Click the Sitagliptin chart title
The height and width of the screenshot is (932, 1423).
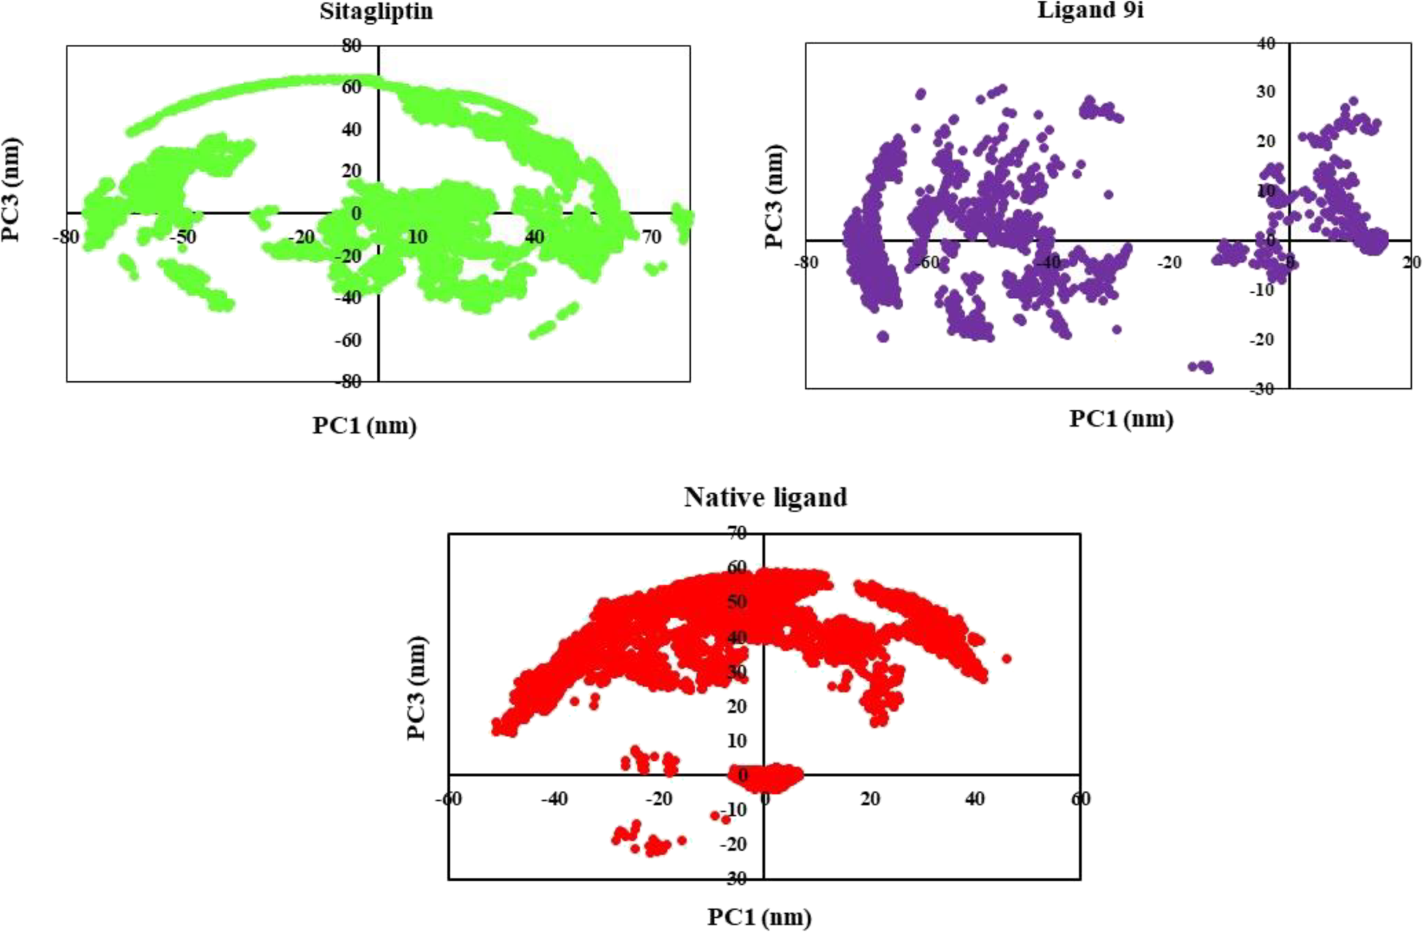click(x=376, y=12)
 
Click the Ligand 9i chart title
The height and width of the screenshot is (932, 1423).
click(x=1090, y=11)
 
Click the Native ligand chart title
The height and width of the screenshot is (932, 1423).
click(x=765, y=497)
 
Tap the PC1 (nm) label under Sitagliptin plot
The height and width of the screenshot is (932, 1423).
click(x=364, y=425)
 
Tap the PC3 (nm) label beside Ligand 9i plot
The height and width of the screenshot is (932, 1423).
click(x=774, y=196)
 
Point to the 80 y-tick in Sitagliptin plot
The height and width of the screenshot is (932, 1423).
click(x=352, y=46)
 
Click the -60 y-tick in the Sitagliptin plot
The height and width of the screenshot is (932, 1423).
click(x=348, y=341)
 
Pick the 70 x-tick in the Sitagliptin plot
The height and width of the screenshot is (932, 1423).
click(x=652, y=238)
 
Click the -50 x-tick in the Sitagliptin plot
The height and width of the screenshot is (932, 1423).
click(x=184, y=238)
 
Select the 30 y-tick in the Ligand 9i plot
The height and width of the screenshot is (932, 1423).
click(x=1265, y=92)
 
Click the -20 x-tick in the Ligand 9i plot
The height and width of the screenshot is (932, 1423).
click(x=1169, y=263)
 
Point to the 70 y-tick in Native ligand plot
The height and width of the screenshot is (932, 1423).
click(x=737, y=533)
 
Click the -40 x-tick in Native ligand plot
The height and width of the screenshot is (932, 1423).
click(x=554, y=799)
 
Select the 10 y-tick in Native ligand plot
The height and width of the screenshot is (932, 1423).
click(x=737, y=741)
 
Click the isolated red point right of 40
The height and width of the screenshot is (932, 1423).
click(x=1006, y=659)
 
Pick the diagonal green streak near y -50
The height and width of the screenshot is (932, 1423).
click(x=554, y=321)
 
